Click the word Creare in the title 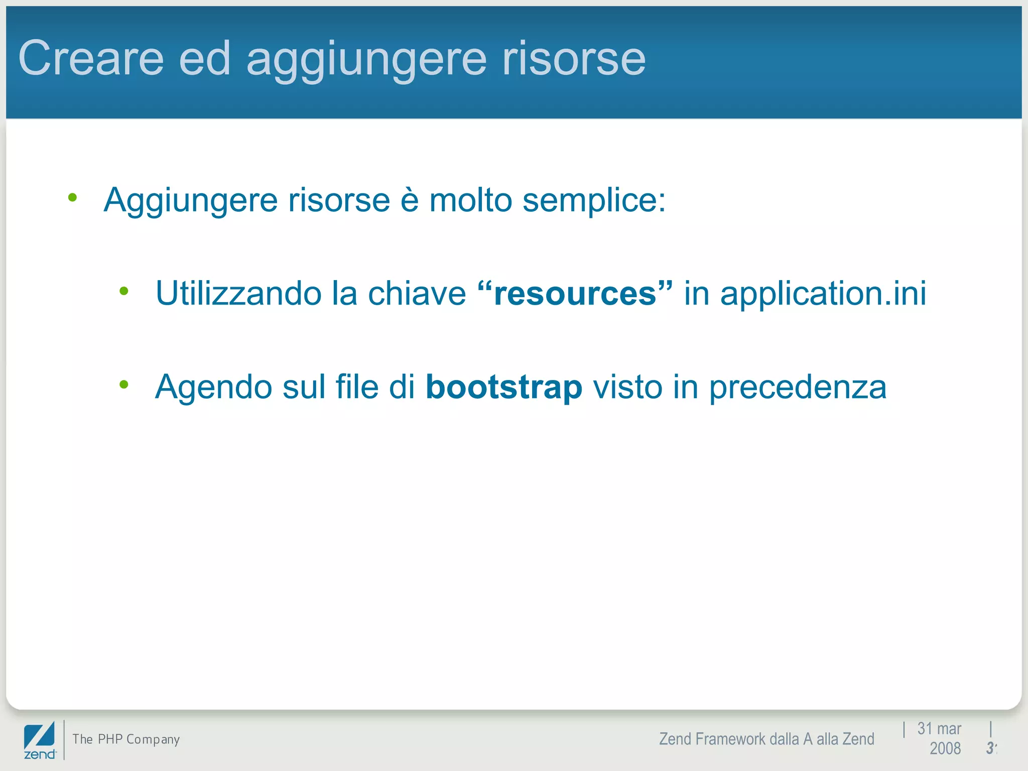(91, 59)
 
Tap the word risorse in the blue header (574, 59)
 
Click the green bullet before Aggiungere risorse (73, 198)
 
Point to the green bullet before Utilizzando (124, 291)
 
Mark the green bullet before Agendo (124, 384)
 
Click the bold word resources (575, 293)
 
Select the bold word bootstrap (504, 387)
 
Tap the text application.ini (823, 293)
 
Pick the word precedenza (798, 387)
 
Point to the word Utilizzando (238, 293)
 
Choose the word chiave (417, 293)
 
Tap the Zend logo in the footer (40, 740)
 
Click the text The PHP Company (126, 739)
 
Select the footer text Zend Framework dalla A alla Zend (766, 739)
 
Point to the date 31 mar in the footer (939, 728)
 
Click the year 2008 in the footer (945, 748)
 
